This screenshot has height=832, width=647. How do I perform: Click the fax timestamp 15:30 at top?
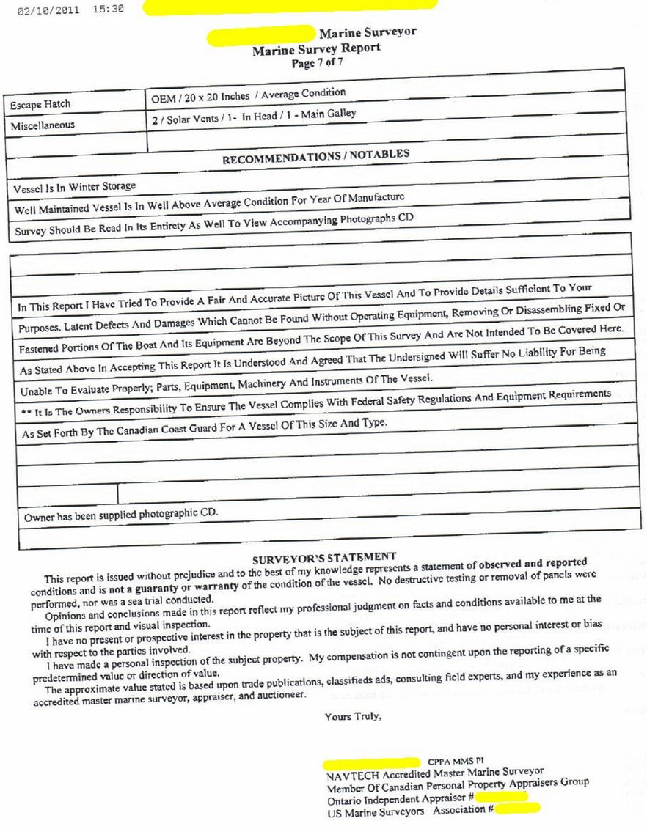[x=109, y=10]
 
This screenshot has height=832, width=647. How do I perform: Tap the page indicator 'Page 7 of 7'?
[x=317, y=63]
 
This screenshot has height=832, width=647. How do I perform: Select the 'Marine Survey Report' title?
[x=316, y=49]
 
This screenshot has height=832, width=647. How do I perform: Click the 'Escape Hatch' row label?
[x=40, y=105]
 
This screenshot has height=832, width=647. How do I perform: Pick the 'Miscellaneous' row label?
[x=43, y=125]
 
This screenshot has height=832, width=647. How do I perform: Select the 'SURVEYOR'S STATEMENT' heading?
[x=323, y=557]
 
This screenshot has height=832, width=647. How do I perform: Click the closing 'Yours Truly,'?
[x=353, y=716]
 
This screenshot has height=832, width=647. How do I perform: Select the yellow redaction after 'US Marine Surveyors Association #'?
[x=517, y=809]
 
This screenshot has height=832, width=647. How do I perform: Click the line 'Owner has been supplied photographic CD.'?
[x=120, y=515]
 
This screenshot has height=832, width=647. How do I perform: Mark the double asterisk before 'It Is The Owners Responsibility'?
[x=26, y=413]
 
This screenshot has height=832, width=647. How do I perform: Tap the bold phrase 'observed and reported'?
[x=533, y=564]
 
